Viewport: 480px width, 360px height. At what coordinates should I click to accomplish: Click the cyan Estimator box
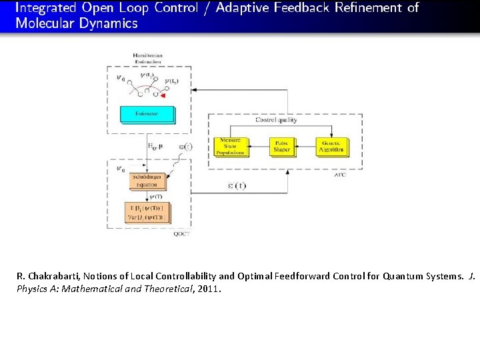[147, 114]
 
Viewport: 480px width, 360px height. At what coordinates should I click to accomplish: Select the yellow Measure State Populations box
[231, 147]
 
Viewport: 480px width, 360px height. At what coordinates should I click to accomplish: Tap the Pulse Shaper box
[282, 147]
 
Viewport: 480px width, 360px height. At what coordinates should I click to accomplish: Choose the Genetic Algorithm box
[332, 147]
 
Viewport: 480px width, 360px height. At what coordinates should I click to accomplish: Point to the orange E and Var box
[147, 213]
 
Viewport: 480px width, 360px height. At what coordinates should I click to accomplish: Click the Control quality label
[277, 120]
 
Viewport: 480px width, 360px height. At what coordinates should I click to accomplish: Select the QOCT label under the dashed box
[181, 234]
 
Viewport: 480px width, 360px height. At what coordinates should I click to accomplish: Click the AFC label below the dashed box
[339, 175]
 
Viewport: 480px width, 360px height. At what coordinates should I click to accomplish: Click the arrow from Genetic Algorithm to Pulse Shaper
[305, 147]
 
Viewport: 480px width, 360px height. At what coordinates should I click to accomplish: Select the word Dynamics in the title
[107, 23]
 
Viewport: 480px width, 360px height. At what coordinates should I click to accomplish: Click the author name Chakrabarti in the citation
[56, 276]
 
